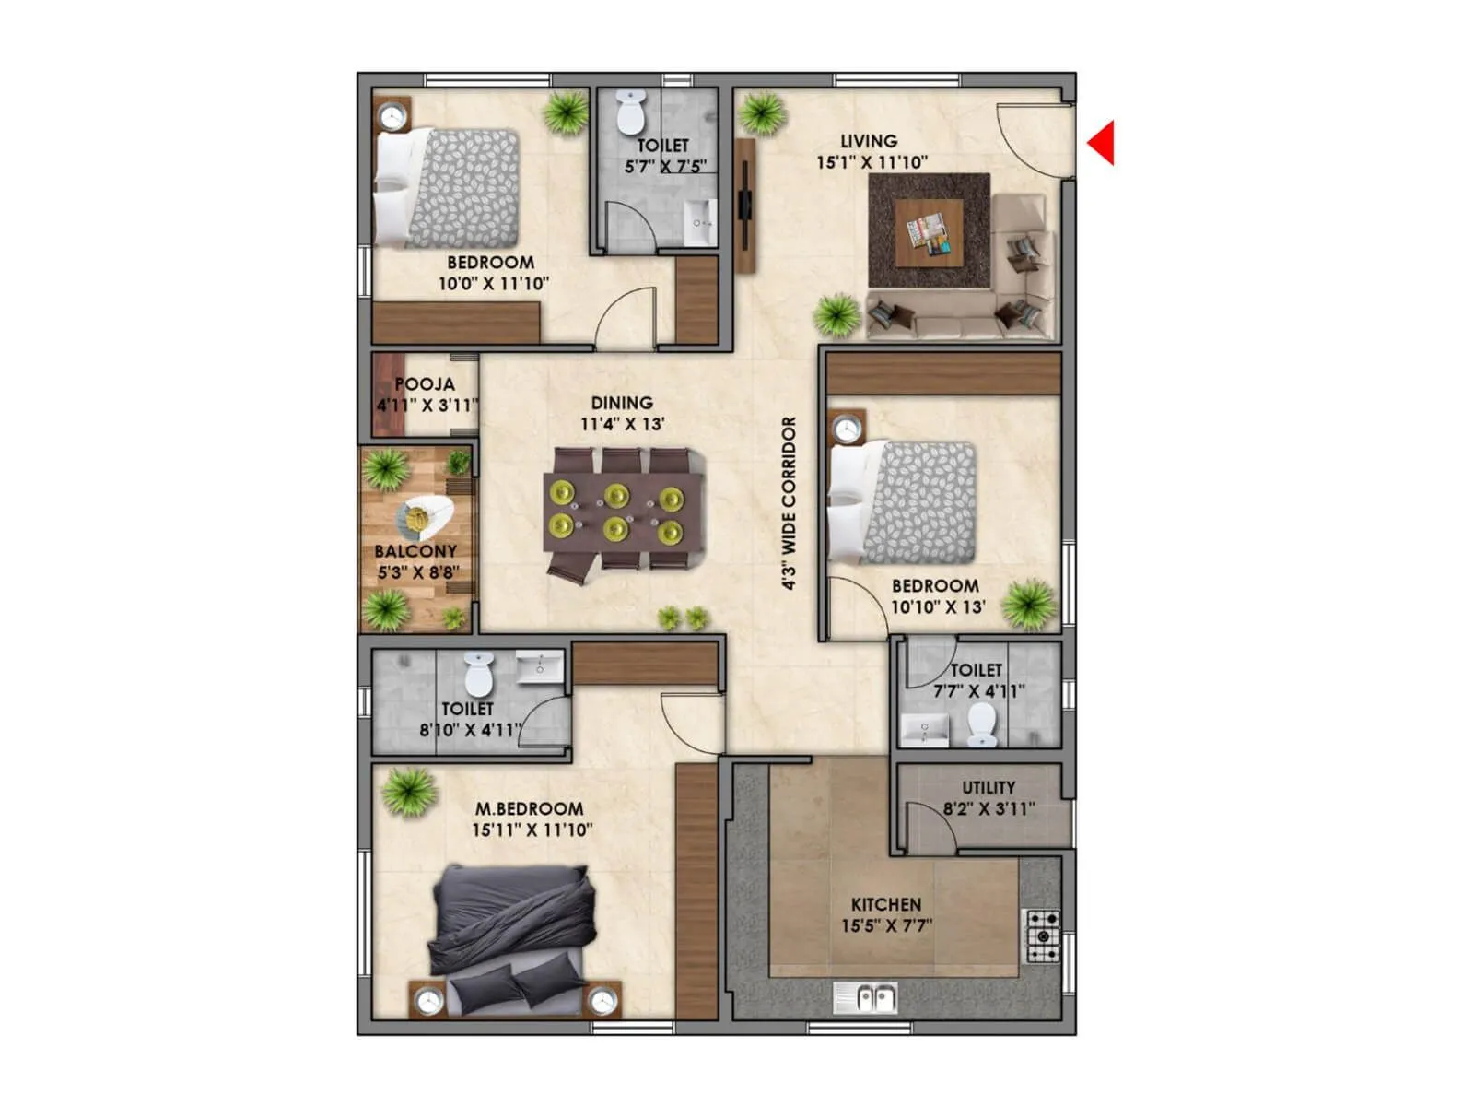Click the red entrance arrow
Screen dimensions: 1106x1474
[x=1103, y=143]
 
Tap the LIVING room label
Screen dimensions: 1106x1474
[x=869, y=141]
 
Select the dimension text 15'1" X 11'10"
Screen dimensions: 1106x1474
[x=872, y=162]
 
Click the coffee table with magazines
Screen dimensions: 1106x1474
[x=930, y=229]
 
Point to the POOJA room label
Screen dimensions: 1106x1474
[x=425, y=383]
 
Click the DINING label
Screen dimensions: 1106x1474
[x=622, y=403]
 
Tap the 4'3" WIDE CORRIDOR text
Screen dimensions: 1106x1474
[x=790, y=503]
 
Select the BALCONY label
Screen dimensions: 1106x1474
[x=415, y=551]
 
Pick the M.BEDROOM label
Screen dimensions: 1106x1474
[x=529, y=808]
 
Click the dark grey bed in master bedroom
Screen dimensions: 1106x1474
[x=512, y=931]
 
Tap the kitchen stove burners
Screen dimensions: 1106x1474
[x=1043, y=936]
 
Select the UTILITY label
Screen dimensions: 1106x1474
[x=989, y=787]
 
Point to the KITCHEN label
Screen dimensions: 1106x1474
[x=885, y=904]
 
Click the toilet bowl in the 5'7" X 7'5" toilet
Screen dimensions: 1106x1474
[x=630, y=112]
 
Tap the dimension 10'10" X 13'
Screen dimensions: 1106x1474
[x=938, y=607]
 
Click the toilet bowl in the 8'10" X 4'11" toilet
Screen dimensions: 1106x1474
[x=479, y=676]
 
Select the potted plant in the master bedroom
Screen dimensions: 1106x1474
[x=408, y=792]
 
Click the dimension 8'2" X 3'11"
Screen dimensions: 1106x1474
[x=989, y=809]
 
